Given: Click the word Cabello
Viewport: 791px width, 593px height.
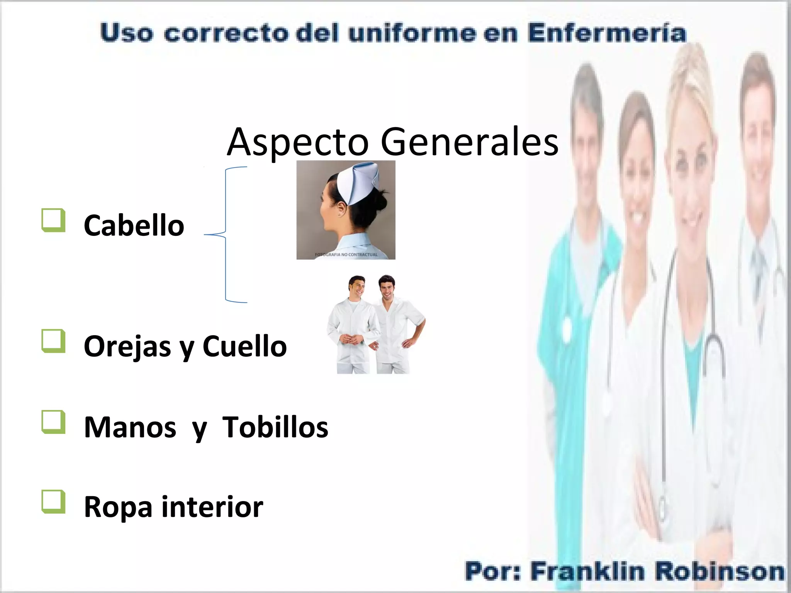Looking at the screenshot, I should [x=134, y=225].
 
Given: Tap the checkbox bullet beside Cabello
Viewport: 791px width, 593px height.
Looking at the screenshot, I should [x=53, y=220].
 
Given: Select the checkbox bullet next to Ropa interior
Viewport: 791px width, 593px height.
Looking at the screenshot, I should [x=53, y=502].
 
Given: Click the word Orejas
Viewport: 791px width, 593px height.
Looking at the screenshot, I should [x=127, y=346].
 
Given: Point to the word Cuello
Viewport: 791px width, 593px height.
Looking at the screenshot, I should [x=244, y=346].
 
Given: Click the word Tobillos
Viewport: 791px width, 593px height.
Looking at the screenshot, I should [x=275, y=427].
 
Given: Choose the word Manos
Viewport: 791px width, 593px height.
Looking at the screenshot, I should [x=130, y=427].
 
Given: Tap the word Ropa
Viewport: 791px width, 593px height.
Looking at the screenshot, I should [x=118, y=507].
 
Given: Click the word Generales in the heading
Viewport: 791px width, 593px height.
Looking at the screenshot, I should [x=469, y=142].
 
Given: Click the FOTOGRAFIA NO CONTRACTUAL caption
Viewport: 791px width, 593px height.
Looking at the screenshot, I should [x=346, y=255].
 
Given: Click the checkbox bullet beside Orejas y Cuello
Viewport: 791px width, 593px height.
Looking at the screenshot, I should [x=53, y=341].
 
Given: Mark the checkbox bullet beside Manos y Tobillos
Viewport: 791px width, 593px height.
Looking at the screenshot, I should [x=53, y=422].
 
